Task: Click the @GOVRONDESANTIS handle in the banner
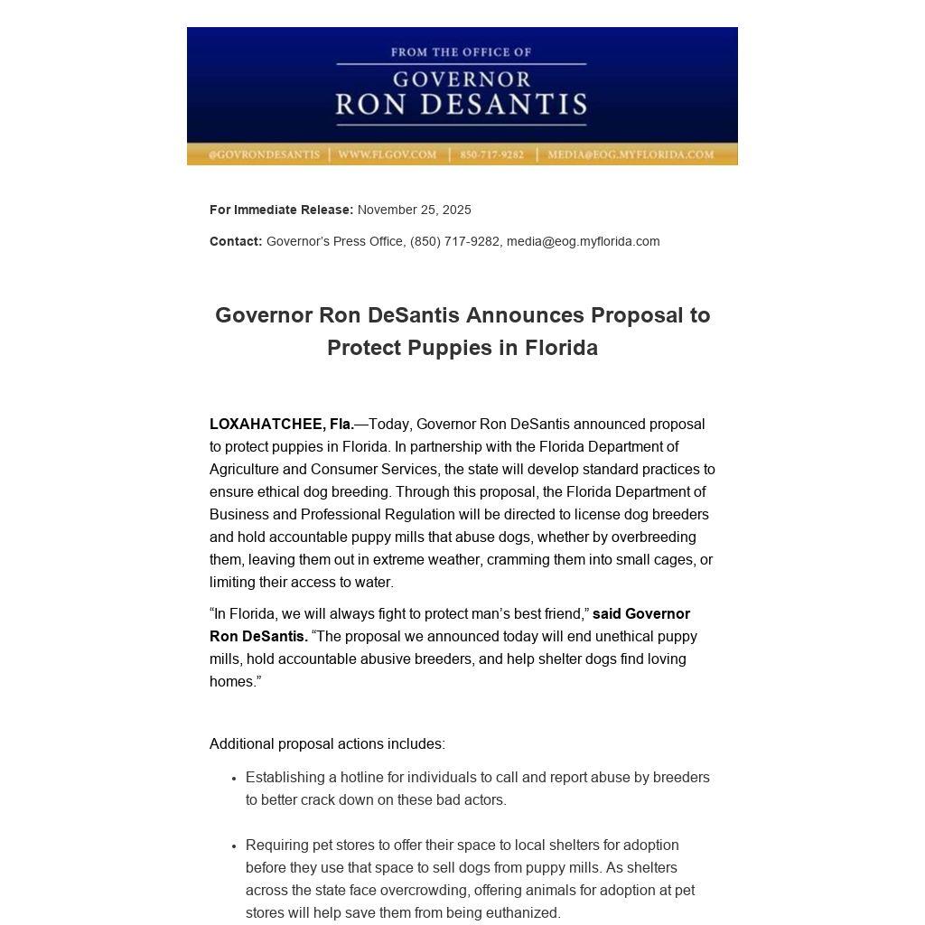click(264, 154)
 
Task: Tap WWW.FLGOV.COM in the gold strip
click(387, 154)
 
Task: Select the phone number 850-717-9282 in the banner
click(491, 154)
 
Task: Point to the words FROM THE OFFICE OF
click(461, 52)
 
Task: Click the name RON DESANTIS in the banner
click(461, 105)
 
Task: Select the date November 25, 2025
click(414, 210)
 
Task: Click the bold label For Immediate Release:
click(281, 210)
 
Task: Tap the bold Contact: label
click(236, 241)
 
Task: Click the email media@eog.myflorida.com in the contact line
click(583, 241)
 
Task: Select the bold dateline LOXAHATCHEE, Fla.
click(282, 424)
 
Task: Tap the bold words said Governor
click(641, 613)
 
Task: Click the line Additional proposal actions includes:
click(327, 743)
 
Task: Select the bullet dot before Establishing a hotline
click(234, 778)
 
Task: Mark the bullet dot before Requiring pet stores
click(234, 846)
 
